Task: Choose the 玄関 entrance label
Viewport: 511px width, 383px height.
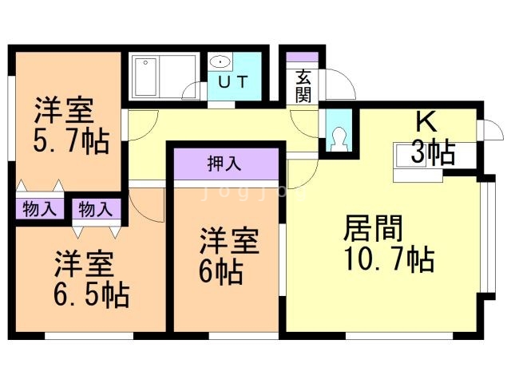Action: pos(303,86)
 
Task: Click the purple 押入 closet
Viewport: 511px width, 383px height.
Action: pos(225,165)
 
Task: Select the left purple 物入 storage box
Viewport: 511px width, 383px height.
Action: pos(39,210)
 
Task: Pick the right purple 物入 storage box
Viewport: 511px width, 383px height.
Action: pos(96,210)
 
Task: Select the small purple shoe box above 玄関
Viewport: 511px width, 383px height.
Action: pos(303,58)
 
